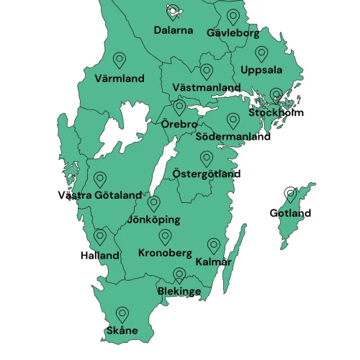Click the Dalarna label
[174, 30]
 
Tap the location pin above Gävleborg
[233, 16]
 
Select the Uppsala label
[261, 70]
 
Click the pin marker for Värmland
[120, 60]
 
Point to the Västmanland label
[207, 87]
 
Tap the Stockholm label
[276, 112]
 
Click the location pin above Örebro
[179, 107]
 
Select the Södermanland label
[233, 136]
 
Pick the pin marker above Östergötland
[207, 158]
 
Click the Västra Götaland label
[100, 195]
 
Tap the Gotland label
[290, 213]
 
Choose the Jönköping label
[153, 220]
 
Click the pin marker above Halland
[100, 237]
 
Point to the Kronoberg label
[165, 253]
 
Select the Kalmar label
[213, 262]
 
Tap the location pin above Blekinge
[179, 275]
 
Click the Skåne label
[122, 330]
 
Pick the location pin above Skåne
[122, 314]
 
